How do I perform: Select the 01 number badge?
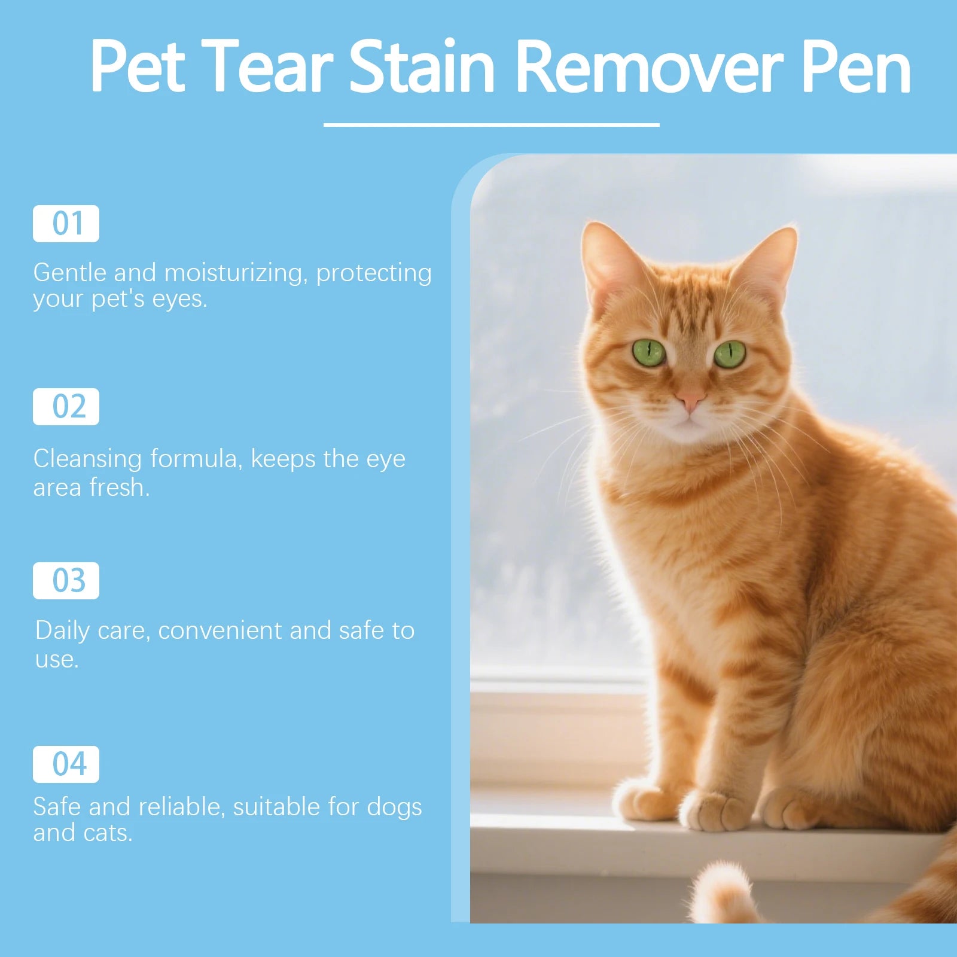pos(66,224)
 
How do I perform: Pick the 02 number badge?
pos(66,407)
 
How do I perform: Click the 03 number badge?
pos(66,581)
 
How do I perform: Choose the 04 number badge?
pos(66,764)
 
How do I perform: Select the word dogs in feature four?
pos(394,807)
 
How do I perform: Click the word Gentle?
pos(69,273)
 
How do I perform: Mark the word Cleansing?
pos(87,459)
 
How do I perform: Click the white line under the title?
pos(491,124)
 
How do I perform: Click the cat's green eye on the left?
pos(649,353)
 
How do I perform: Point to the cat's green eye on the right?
pos(730,354)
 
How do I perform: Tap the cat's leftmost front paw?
pos(643,800)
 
